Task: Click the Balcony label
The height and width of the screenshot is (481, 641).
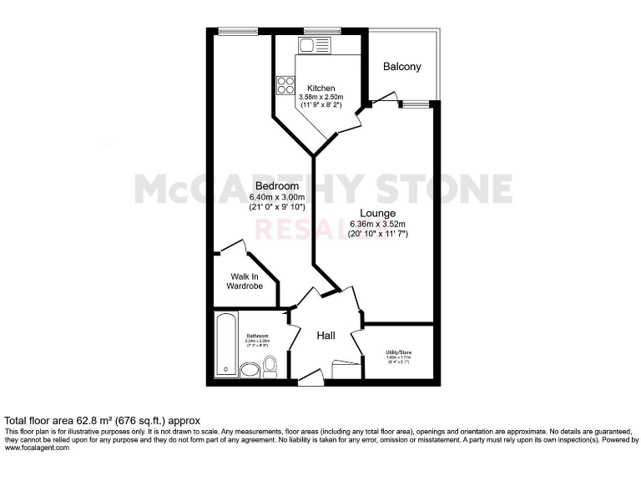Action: pos(402,67)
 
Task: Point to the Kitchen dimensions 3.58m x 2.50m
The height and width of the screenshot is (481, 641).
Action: pos(320,98)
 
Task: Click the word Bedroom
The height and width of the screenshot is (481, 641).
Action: pos(276,185)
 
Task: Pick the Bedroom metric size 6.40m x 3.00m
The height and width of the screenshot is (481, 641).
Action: pos(276,196)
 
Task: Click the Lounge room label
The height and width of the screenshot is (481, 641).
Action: pos(377,213)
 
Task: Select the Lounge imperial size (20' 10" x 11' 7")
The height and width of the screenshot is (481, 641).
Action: pos(377,235)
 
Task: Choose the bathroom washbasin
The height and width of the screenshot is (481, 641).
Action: pos(250,370)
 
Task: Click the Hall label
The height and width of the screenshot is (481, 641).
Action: pos(326,336)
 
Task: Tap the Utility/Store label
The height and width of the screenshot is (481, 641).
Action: pos(398,353)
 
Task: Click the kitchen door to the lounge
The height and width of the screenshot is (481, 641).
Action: pos(351,122)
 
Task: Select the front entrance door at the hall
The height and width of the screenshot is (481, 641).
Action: pos(310,380)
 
